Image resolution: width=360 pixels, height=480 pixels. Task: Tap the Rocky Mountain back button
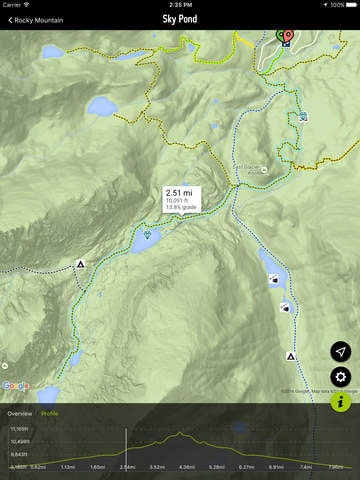click(30, 19)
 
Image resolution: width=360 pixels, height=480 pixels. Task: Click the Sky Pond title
click(181, 19)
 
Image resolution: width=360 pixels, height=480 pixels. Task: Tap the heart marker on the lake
click(148, 235)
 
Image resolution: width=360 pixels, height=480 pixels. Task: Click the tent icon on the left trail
click(80, 264)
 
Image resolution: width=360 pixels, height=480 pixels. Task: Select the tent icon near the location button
click(291, 356)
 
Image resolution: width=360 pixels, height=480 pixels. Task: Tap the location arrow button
click(341, 352)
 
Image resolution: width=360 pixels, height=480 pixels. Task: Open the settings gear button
click(341, 377)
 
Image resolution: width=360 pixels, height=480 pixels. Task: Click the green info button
click(341, 401)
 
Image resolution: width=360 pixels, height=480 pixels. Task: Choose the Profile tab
click(49, 413)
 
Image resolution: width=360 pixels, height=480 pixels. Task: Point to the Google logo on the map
click(15, 386)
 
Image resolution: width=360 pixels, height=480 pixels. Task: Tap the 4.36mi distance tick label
click(186, 466)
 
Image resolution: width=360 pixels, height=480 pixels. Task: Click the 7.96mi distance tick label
click(335, 466)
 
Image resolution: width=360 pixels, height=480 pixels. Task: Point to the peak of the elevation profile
click(179, 433)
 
